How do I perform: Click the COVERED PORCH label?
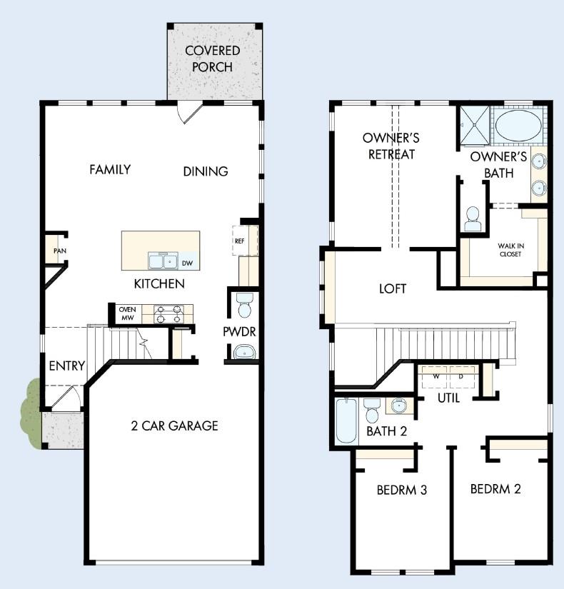pos(212,59)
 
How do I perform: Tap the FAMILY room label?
pos(110,169)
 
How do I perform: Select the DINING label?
pos(206,171)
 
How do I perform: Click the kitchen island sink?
pos(161,261)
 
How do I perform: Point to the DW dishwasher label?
pos(187,263)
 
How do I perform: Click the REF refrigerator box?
pos(239,241)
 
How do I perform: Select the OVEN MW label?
pos(128,313)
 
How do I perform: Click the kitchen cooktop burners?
pos(168,312)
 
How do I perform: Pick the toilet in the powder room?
pos(244,306)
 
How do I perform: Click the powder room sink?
pos(244,351)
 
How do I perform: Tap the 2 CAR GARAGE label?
pos(174,426)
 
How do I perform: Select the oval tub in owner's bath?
pos(518,125)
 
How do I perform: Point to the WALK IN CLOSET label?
pos(510,250)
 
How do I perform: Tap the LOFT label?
pos(393,288)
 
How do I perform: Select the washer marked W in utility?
pos(435,376)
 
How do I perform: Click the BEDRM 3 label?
pos(402,490)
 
